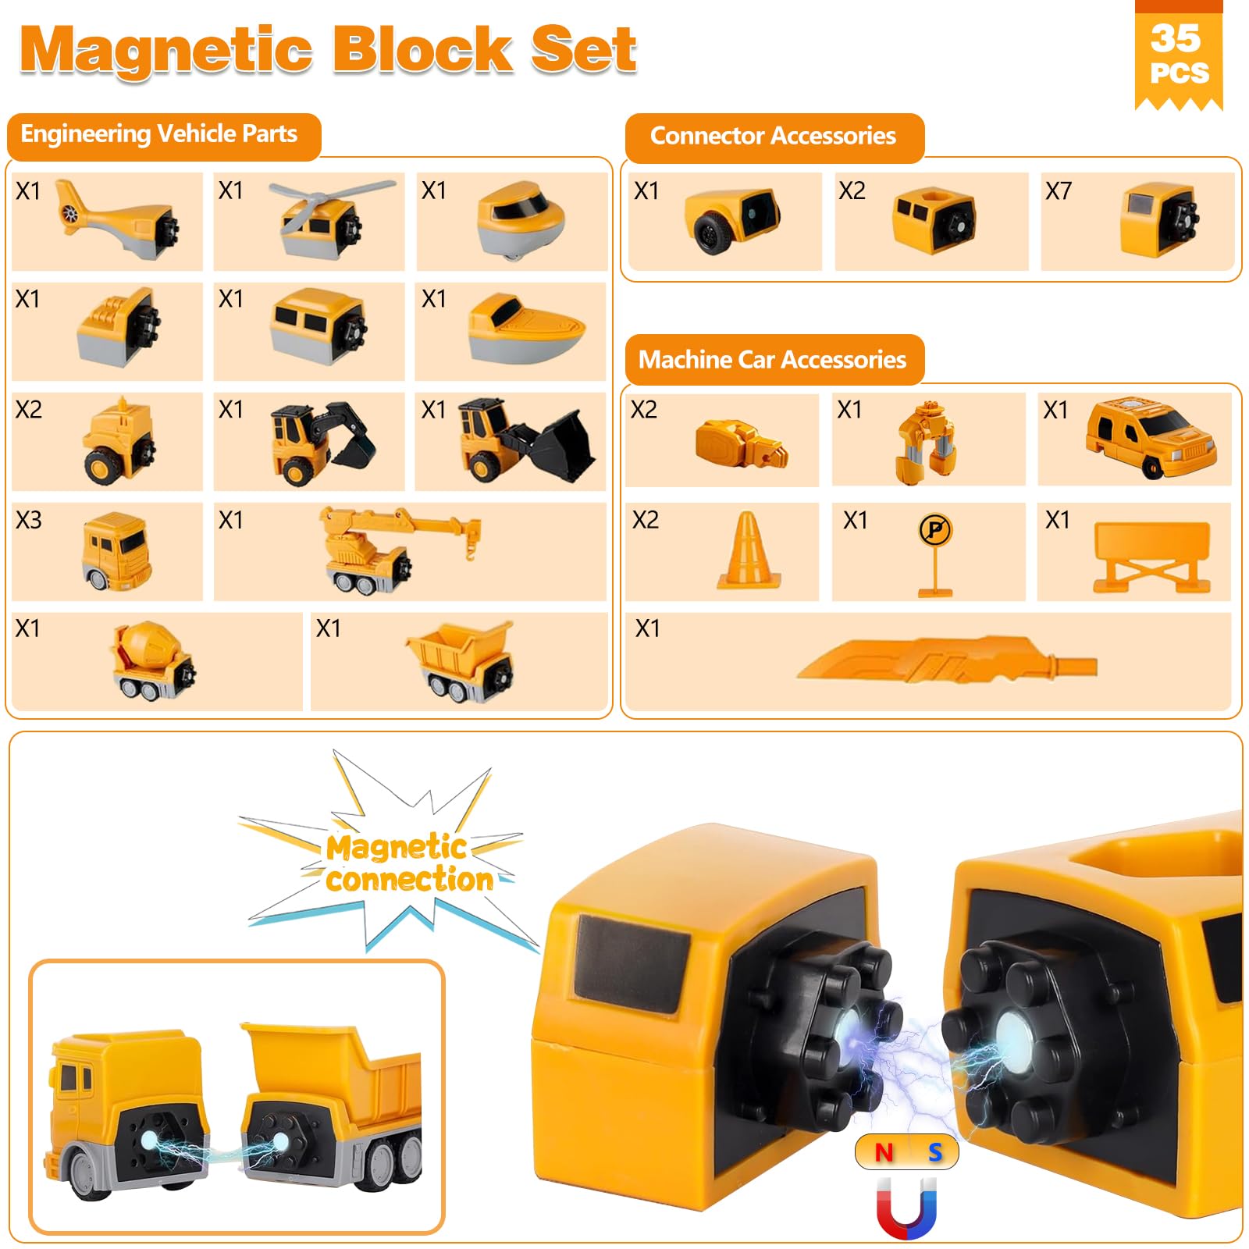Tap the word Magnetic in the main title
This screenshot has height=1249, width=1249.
(166, 51)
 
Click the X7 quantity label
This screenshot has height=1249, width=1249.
(1059, 190)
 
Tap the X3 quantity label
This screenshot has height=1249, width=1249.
(29, 520)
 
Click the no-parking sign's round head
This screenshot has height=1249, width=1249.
(935, 531)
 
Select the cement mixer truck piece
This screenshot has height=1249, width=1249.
(153, 661)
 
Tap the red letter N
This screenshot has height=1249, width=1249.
(884, 1152)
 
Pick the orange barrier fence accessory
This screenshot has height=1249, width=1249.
(1151, 557)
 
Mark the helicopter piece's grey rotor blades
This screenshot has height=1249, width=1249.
(332, 198)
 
